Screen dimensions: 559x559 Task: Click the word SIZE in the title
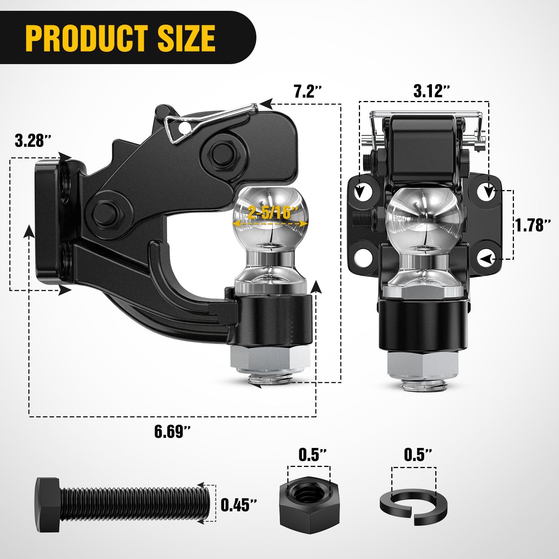click(186, 38)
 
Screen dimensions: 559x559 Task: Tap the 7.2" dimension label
click(307, 92)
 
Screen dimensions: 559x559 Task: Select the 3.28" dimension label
click(32, 141)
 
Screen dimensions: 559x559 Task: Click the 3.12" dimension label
click(432, 91)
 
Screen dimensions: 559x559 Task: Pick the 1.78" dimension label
click(533, 225)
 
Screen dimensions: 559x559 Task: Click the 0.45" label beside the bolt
click(239, 505)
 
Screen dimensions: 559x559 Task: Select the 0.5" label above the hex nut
click(312, 455)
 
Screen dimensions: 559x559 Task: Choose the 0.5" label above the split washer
click(418, 455)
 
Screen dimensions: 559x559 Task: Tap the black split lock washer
click(414, 507)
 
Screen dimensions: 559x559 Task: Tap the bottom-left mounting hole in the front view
click(363, 257)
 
